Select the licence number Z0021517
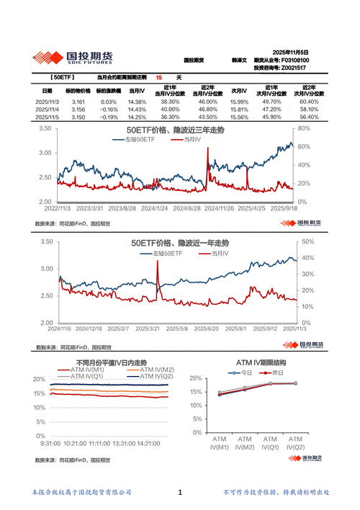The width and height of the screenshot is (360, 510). click(297, 68)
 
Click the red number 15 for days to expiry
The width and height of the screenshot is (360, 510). click(158, 76)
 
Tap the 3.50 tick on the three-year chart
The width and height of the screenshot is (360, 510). click(44, 129)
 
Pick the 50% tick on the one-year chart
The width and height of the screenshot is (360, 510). click(306, 242)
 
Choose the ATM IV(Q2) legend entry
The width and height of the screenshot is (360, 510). click(157, 376)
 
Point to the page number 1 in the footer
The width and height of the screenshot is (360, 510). click(179, 492)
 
